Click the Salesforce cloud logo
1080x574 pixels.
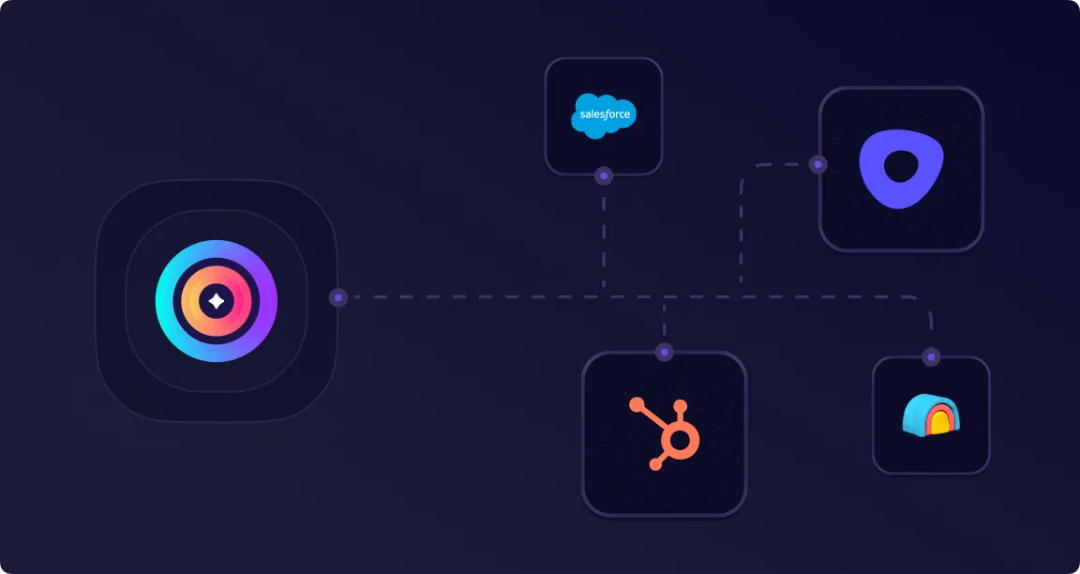[604, 115]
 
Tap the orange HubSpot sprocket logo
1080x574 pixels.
[665, 433]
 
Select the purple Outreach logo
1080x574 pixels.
[901, 169]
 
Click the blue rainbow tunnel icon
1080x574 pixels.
[931, 415]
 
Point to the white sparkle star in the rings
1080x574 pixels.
[217, 301]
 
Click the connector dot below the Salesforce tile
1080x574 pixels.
[604, 176]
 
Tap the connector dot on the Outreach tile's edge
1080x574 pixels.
[818, 165]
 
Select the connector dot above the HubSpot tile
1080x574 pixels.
[664, 353]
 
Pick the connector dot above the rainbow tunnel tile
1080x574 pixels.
[931, 357]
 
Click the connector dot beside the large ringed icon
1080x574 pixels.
[338, 297]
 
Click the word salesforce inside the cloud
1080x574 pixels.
[605, 114]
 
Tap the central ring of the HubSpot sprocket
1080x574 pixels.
[680, 441]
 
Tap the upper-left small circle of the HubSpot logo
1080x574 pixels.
[637, 404]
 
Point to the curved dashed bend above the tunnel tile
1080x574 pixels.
[924, 303]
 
